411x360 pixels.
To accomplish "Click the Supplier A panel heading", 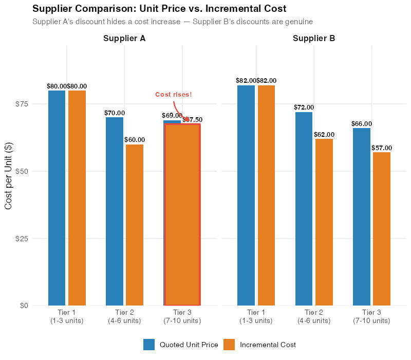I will [124, 39].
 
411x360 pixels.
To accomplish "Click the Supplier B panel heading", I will [314, 39].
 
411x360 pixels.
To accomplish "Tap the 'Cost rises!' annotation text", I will [174, 95].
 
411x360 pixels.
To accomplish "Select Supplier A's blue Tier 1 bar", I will [57, 198].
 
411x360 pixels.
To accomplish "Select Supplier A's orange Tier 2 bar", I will [135, 225].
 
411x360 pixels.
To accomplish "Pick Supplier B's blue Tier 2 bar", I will [304, 208].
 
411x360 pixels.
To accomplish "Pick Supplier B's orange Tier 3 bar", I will [382, 228].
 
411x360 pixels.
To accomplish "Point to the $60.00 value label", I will [135, 140].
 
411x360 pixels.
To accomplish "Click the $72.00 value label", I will [304, 107].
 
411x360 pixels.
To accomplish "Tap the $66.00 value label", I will [362, 124].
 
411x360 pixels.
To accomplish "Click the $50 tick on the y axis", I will [22, 171].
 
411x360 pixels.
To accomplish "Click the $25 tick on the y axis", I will [22, 238].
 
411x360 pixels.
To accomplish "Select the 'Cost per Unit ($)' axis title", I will [9, 175].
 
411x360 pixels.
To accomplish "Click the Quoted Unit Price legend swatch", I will [149, 345].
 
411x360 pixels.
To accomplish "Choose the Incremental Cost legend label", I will [268, 345].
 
